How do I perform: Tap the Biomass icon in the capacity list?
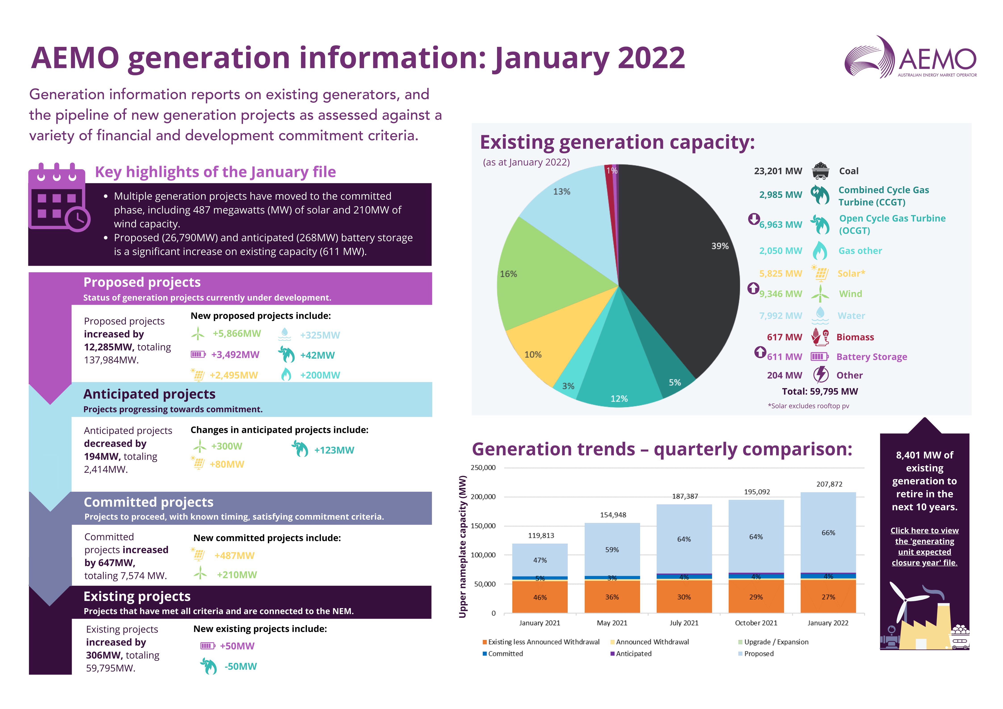[820, 337]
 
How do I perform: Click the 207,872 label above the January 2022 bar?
[829, 484]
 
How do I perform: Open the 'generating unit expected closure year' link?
[924, 547]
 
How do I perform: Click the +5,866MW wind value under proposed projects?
[236, 334]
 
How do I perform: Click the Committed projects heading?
[149, 502]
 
